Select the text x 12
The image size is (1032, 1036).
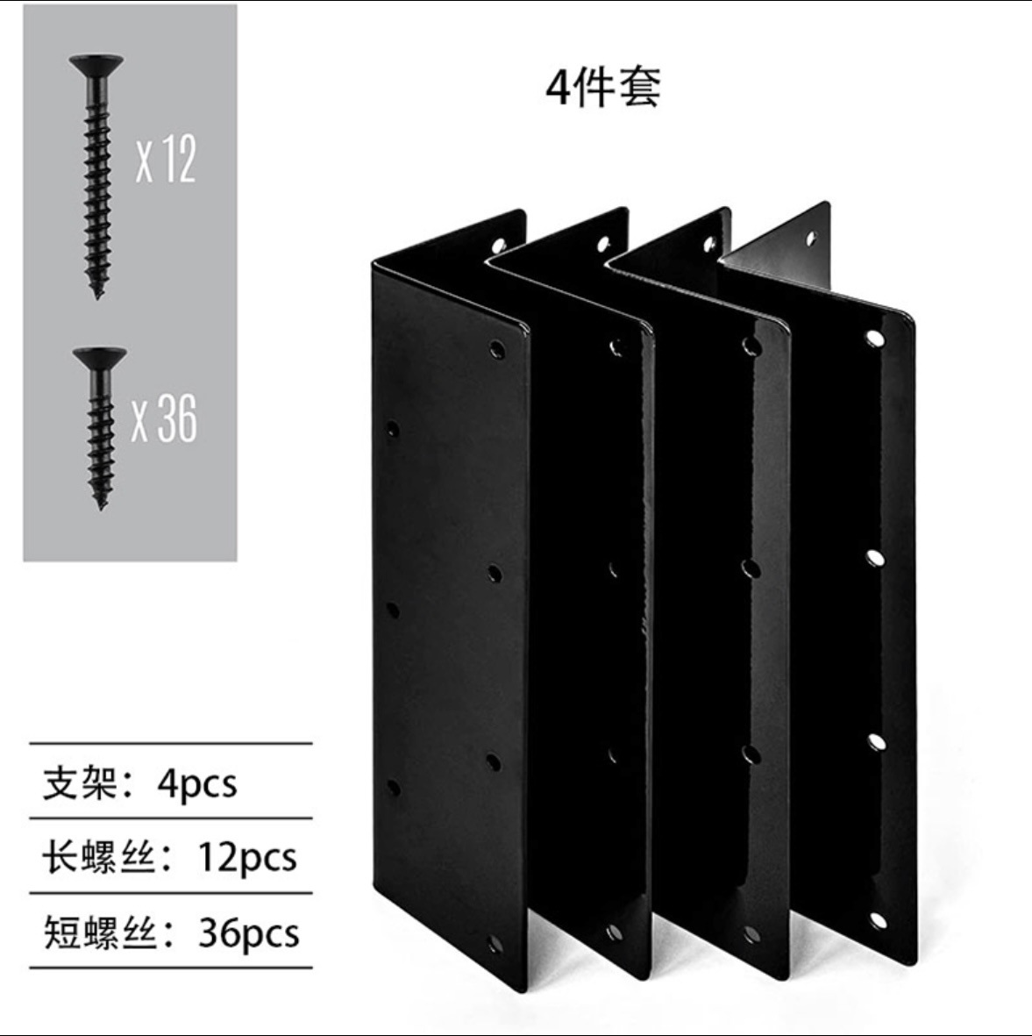tap(166, 160)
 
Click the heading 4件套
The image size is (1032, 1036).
tap(603, 87)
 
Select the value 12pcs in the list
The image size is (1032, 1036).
tap(246, 856)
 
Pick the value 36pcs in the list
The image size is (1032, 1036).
tap(248, 932)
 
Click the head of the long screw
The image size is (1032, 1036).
tap(95, 64)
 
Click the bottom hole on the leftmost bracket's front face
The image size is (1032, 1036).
tap(495, 945)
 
